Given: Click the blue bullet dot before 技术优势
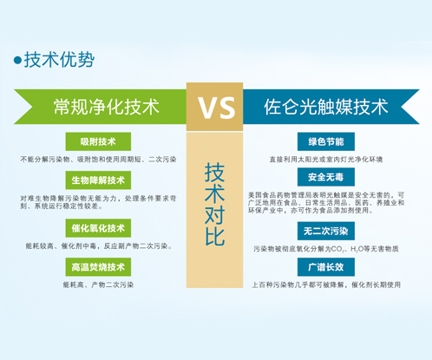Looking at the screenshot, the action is tap(17, 60).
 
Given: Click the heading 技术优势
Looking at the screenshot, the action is tap(59, 60).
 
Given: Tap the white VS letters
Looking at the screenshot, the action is tap(217, 108).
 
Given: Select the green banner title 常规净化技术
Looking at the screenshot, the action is tap(106, 107).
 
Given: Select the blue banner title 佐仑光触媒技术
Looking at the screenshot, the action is tap(326, 107).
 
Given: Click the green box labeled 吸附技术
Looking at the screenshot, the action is tap(98, 141).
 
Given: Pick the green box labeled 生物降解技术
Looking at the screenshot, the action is tap(98, 180).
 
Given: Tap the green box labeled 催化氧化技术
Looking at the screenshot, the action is tap(98, 228).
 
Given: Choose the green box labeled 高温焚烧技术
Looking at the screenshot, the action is tap(98, 267).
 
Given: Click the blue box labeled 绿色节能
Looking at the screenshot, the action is tap(326, 141).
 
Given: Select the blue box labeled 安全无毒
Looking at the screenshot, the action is tap(326, 177).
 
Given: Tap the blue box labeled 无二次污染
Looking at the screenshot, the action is tap(326, 231).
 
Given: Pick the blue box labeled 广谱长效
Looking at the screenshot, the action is tap(326, 267).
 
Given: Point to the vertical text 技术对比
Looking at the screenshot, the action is tap(214, 204).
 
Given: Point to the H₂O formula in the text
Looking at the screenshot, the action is tap(357, 249).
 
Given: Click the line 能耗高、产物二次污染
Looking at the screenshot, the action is tap(98, 285).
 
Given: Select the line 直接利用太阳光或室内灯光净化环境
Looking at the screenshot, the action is tap(326, 160).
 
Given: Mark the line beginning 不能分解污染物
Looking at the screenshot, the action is tap(98, 160).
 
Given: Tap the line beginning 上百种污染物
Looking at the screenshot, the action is tap(326, 285).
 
